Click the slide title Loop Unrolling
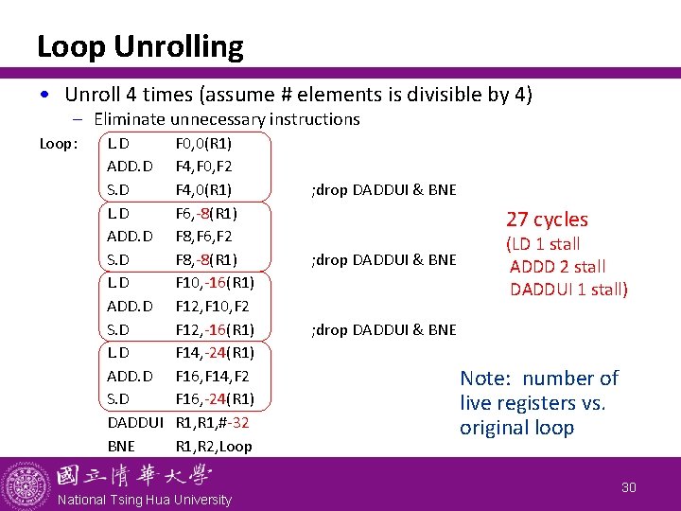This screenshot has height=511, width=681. click(140, 46)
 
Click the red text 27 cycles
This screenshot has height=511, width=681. click(547, 220)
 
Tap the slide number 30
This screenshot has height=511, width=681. click(630, 486)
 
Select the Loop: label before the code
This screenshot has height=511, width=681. click(59, 144)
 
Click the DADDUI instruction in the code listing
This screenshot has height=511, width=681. click(135, 423)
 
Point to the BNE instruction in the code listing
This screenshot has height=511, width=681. click(121, 446)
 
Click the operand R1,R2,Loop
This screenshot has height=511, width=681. click(214, 446)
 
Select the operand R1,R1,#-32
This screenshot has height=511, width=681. click(213, 423)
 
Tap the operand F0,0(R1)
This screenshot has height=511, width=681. click(204, 144)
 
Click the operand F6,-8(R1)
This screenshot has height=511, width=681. click(206, 213)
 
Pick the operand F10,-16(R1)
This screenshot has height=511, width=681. click(215, 282)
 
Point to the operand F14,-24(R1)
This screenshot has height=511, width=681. click(215, 353)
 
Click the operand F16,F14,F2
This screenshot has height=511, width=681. click(210, 376)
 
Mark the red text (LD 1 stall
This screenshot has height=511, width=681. click(545, 244)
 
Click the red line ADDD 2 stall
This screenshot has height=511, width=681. click(557, 267)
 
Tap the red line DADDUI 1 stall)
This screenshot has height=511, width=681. click(568, 290)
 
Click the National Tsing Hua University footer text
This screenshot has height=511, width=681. click(145, 500)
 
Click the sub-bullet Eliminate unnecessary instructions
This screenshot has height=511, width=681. click(227, 119)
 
